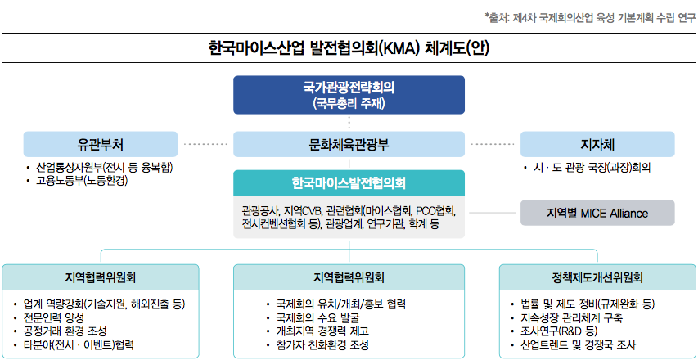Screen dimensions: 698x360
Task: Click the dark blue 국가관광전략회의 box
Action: [x=349, y=94]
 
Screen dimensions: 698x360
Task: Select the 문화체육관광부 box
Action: [x=349, y=144]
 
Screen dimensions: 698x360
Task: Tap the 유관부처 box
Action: [x=100, y=144]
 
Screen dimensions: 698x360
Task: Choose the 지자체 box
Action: [x=598, y=144]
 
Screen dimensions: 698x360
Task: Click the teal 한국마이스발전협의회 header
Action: [x=349, y=182]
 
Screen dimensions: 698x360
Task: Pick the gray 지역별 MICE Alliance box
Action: [x=598, y=213]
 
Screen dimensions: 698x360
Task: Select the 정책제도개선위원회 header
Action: [x=597, y=278]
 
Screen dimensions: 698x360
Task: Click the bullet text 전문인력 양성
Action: [x=55, y=317]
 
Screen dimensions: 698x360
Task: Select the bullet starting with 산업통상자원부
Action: [x=104, y=168]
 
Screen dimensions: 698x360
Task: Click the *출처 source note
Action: [x=590, y=18]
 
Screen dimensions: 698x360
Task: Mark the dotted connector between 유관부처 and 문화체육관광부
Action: [x=205, y=144]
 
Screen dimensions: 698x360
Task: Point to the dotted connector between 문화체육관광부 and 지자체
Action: [x=493, y=144]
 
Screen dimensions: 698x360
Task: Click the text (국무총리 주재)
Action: [x=349, y=104]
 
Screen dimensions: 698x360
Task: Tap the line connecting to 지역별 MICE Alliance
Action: [x=493, y=213]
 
